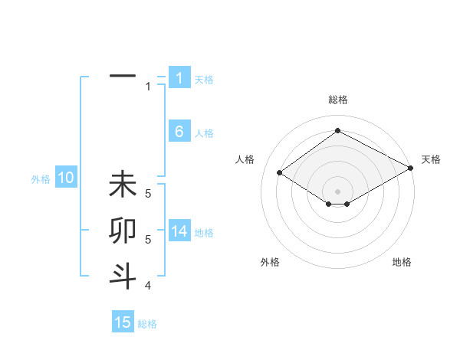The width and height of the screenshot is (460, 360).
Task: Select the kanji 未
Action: (123, 185)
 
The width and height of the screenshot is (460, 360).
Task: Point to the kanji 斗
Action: (123, 275)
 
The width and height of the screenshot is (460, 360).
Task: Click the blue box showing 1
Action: (179, 77)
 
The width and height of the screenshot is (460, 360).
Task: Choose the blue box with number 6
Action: (179, 132)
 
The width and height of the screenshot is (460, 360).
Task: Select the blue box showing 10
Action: (66, 178)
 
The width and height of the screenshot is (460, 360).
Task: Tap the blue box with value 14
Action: (179, 231)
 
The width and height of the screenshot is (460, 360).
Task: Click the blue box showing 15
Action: (123, 322)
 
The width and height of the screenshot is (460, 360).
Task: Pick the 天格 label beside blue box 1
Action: (204, 79)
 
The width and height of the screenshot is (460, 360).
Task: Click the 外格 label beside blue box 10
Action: (41, 179)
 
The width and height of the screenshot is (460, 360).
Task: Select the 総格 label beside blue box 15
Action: (147, 324)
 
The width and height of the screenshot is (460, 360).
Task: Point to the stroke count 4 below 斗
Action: (147, 286)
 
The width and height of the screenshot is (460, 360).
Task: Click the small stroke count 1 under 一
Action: (148, 87)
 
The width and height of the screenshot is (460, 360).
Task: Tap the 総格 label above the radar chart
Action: (337, 100)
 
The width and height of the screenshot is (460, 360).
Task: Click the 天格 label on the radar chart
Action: (431, 159)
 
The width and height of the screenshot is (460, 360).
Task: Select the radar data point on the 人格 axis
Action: (280, 173)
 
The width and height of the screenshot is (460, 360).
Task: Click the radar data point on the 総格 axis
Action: (337, 131)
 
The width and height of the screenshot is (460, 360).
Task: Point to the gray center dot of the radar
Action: (337, 191)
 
